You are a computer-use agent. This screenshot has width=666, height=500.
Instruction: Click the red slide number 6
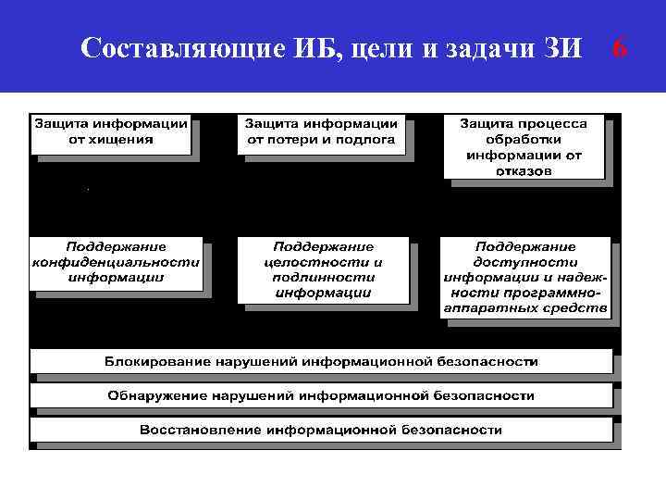(x=620, y=47)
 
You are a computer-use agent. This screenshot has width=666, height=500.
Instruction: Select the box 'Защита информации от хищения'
(x=111, y=132)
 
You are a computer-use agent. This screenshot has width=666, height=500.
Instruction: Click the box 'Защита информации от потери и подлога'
(x=321, y=132)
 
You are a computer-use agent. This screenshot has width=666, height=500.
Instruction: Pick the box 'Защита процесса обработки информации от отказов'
(x=524, y=146)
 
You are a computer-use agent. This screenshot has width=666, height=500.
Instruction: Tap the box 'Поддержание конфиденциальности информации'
(x=117, y=262)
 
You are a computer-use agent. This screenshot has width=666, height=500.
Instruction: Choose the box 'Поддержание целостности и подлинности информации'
(x=323, y=269)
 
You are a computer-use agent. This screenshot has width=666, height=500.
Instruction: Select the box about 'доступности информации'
(x=524, y=277)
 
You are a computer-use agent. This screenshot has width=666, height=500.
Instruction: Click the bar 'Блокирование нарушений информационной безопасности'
(x=321, y=360)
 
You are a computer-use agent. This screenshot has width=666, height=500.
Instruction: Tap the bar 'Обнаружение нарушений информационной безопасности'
(x=321, y=395)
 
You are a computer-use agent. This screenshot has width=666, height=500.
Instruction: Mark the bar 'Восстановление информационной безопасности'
(x=321, y=430)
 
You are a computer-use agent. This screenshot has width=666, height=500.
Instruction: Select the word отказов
(x=524, y=170)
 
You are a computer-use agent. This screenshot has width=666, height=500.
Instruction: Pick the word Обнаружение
(x=154, y=395)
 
